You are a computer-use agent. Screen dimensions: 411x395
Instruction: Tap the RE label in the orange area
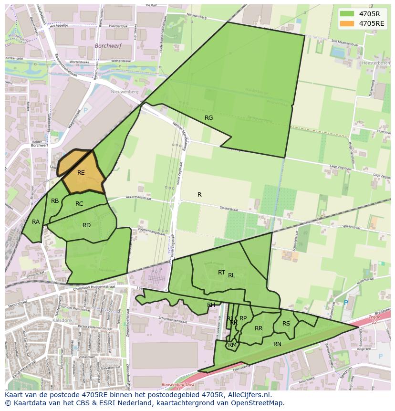tap(81, 173)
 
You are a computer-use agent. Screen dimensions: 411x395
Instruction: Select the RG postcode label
tap(208, 118)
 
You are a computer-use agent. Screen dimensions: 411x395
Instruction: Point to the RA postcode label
tap(36, 222)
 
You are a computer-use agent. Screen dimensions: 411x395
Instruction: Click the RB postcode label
tap(55, 201)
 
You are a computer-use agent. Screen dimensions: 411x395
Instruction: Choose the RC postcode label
tap(79, 204)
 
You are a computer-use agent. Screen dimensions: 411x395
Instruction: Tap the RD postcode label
tap(86, 225)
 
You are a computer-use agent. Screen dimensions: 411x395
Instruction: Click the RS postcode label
tap(286, 324)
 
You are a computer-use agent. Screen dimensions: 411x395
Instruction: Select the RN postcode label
tap(277, 344)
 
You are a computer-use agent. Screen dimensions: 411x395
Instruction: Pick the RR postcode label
tap(259, 328)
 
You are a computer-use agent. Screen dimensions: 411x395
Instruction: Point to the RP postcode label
tap(243, 318)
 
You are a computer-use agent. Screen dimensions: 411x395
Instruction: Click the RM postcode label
tap(232, 345)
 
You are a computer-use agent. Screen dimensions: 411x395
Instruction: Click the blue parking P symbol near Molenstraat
tap(346, 303)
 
